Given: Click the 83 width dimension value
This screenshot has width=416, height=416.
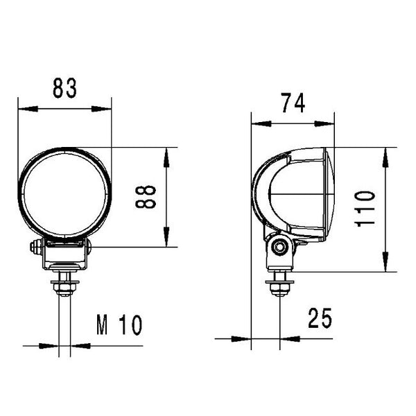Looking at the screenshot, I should pos(63,89).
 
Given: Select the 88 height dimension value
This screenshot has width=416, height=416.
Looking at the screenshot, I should pos(146,196).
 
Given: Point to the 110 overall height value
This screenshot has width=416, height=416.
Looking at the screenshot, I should pos(365,208).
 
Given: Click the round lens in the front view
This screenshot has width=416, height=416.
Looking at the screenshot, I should pos(64,193).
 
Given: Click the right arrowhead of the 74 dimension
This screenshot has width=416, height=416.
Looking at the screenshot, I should pos(329,123).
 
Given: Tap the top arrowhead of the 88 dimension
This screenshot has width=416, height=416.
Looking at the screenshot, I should pos(166,153).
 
